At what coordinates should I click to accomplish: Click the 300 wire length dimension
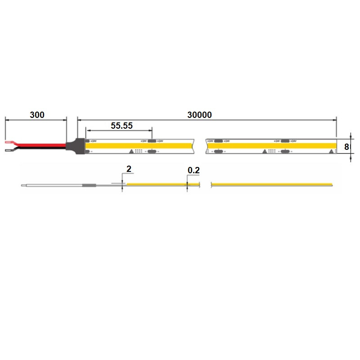point(37,115)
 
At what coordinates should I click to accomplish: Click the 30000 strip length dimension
point(200,115)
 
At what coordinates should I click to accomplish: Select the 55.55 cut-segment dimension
point(121,126)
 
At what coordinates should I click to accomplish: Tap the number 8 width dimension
point(347,146)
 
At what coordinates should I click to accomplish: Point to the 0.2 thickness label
point(193,170)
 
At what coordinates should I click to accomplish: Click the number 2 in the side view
point(129,169)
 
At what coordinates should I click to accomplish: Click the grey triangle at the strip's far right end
point(332,151)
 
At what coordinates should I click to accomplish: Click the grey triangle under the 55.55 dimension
point(132,151)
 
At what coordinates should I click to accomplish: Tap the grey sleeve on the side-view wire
point(88,184)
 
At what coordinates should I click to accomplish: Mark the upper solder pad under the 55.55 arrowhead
point(152,141)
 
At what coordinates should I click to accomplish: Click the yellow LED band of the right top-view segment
point(270,146)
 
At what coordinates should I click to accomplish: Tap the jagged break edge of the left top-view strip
point(193,146)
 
